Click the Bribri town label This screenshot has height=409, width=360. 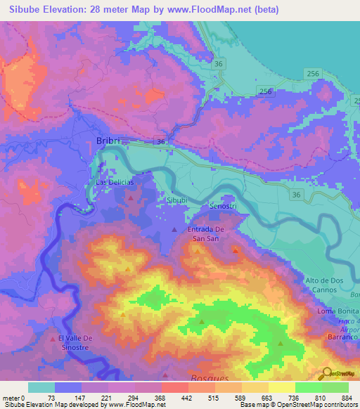108,141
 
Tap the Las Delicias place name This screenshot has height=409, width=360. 115,182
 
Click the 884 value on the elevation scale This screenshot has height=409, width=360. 348,397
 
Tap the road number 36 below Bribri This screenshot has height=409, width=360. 161,142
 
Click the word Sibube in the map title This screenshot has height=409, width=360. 22,10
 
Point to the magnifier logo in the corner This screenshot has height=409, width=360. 326,372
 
